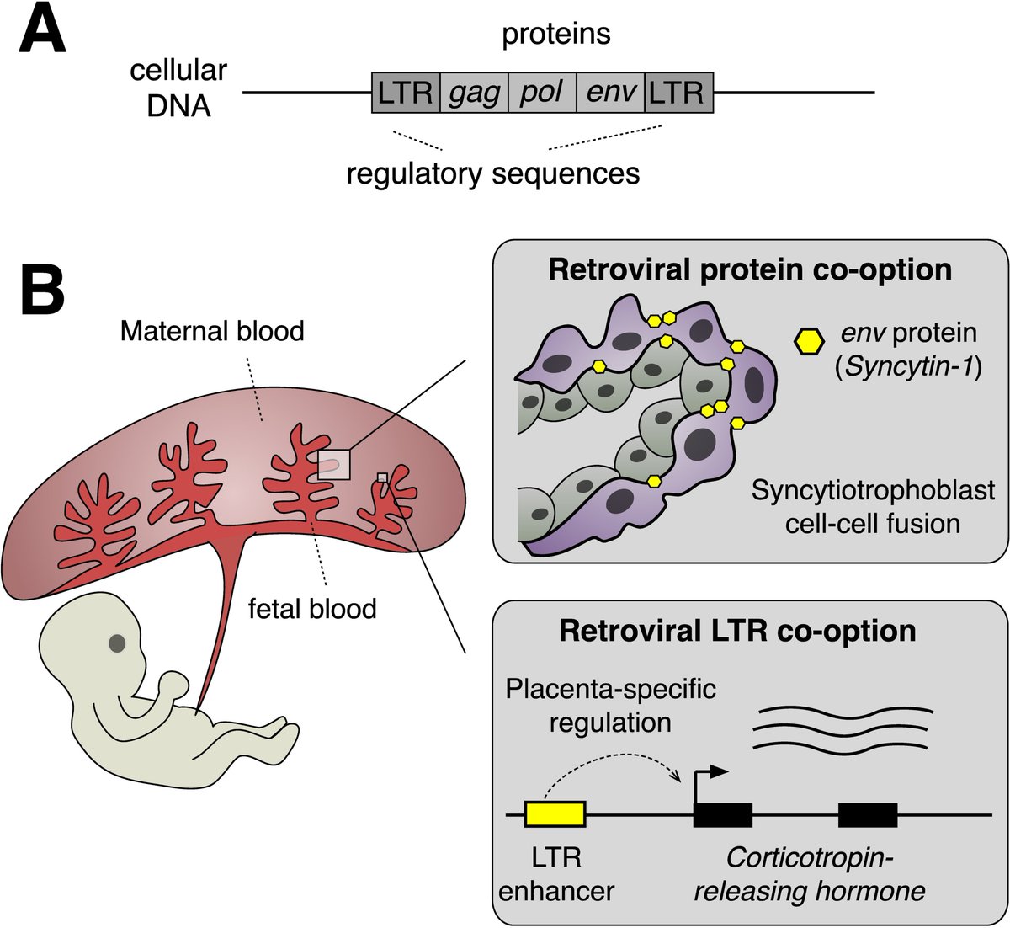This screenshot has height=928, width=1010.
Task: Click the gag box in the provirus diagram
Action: [x=474, y=93]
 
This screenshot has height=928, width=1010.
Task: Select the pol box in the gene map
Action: [x=542, y=93]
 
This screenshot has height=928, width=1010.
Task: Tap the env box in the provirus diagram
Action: [x=610, y=93]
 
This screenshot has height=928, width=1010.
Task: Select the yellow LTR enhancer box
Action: [x=555, y=814]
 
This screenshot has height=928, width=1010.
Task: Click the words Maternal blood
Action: [x=212, y=331]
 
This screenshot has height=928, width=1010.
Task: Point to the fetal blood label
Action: [x=312, y=607]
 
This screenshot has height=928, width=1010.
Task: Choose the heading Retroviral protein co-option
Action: [x=750, y=269]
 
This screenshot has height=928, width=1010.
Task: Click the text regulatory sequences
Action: [x=493, y=173]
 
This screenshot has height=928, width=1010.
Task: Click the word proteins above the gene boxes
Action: [x=555, y=35]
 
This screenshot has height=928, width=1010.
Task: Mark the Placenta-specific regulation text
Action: [x=610, y=706]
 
